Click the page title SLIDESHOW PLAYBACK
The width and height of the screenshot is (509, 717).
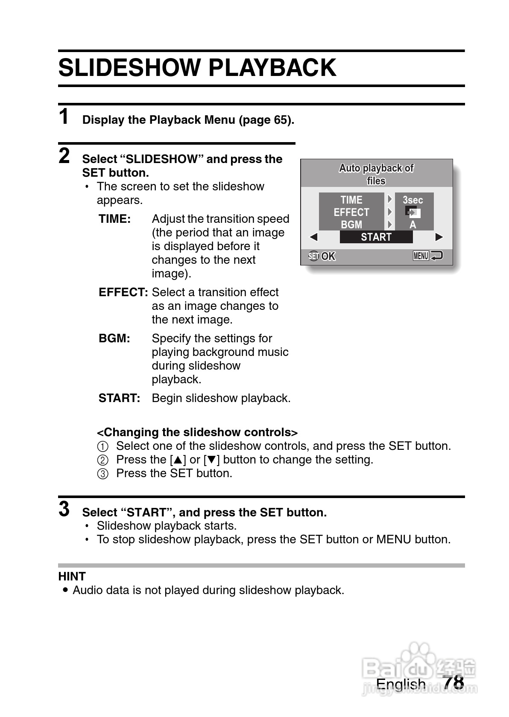197,68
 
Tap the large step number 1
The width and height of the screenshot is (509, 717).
64,117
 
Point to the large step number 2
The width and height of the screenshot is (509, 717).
64,156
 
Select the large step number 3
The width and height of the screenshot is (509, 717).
64,509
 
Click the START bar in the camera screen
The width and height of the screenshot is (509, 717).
376,237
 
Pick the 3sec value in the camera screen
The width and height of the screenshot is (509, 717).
413,200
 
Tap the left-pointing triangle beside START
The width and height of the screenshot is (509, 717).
314,237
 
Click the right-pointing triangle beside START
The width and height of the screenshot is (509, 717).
439,237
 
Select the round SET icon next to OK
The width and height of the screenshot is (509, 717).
313,256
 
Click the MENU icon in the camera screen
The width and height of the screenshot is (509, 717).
421,256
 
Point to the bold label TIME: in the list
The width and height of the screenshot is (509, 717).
114,219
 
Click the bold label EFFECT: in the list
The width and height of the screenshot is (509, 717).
123,292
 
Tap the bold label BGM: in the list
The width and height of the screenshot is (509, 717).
114,338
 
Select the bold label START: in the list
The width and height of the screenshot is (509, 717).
119,398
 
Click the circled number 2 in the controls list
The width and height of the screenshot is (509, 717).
103,460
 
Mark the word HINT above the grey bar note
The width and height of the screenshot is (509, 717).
72,577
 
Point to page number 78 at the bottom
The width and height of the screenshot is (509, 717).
453,682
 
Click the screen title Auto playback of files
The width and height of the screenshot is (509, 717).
376,174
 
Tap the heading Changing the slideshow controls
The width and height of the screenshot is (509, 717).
197,432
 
